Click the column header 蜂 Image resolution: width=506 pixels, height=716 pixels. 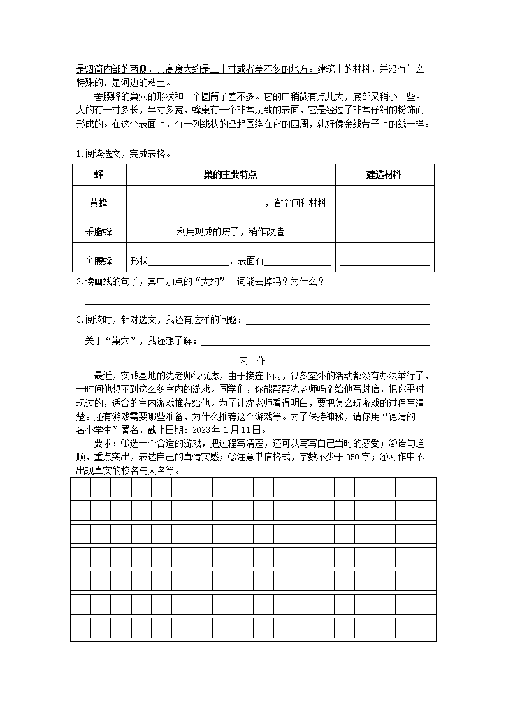tap(98, 175)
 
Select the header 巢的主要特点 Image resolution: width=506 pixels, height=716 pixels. tap(231, 175)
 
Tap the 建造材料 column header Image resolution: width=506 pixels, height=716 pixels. tap(384, 175)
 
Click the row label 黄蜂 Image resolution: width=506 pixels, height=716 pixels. tap(98, 203)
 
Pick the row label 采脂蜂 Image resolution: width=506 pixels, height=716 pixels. tap(98, 232)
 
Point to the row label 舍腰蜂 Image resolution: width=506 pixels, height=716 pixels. tap(98, 261)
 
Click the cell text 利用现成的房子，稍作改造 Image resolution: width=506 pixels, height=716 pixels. tap(231, 232)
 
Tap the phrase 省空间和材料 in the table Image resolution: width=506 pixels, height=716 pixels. tap(300, 203)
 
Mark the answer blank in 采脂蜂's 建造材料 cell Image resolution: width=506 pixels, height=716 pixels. tap(384, 234)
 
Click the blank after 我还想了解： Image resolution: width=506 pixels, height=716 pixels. tap(315, 343)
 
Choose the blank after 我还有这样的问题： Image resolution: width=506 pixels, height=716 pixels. tap(337, 322)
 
